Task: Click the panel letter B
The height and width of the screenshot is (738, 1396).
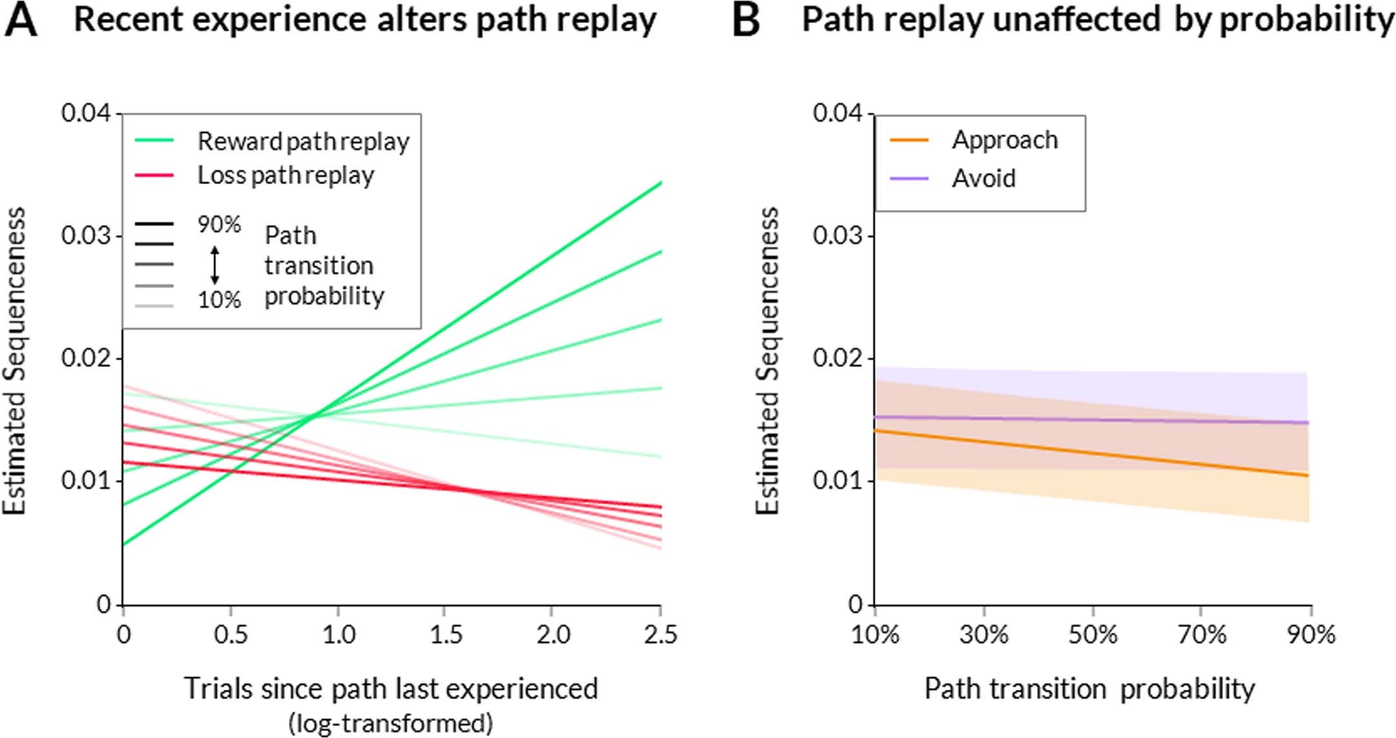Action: pos(746,21)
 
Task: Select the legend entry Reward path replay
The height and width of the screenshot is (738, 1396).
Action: pos(303,141)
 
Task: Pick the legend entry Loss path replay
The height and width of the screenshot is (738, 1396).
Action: pos(286,175)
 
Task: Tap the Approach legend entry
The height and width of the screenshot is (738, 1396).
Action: pos(1004,140)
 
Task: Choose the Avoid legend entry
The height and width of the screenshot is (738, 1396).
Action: pos(984,178)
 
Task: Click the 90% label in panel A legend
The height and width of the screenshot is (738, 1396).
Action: pos(219,225)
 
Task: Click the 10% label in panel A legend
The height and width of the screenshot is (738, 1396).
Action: pos(219,300)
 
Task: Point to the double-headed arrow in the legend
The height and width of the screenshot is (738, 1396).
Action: pos(215,265)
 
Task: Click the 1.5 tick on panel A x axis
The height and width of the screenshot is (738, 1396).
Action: pos(445,635)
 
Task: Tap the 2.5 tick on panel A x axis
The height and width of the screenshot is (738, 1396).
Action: pos(661,635)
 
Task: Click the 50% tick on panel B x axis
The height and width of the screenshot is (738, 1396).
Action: pos(1092,635)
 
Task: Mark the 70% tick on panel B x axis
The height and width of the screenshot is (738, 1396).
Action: pos(1201,635)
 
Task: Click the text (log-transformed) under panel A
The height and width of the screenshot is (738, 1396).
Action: pos(391,723)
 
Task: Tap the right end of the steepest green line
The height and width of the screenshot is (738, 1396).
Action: pos(660,184)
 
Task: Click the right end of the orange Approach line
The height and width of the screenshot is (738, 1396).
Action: pos(1307,475)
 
